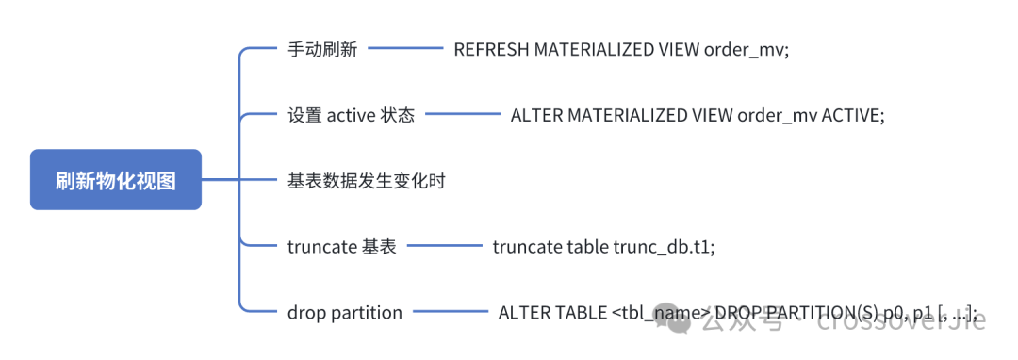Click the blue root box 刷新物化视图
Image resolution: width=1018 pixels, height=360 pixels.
pyautogui.click(x=115, y=180)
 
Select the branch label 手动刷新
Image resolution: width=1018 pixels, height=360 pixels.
pyautogui.click(x=322, y=50)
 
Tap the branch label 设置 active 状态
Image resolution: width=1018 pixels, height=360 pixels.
pyautogui.click(x=351, y=115)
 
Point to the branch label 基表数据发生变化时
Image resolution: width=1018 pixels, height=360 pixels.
pyautogui.click(x=366, y=181)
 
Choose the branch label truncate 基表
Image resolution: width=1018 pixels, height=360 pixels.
pyautogui.click(x=341, y=247)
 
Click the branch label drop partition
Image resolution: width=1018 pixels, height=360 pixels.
pyautogui.click(x=344, y=313)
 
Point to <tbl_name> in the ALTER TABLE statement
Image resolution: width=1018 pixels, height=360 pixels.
pyautogui.click(x=661, y=313)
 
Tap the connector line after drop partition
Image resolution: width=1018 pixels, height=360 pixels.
pyautogui.click(x=449, y=313)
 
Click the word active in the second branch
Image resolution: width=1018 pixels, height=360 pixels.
pyautogui.click(x=351, y=115)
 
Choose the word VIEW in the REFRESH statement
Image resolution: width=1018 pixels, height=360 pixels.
pyautogui.click(x=678, y=50)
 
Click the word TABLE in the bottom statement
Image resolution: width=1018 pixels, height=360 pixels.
pyautogui.click(x=577, y=313)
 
